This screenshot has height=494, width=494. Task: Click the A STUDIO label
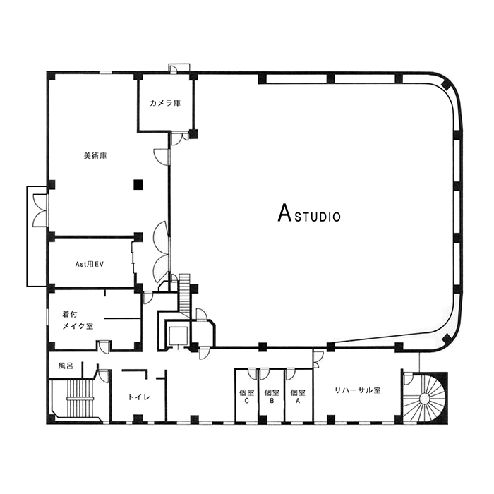click(309, 213)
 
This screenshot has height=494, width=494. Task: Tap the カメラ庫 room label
click(165, 103)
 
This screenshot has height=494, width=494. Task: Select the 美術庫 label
click(95, 156)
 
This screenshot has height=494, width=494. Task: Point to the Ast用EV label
click(89, 265)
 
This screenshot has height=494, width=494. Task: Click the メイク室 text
click(78, 326)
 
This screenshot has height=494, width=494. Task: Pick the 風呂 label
click(66, 366)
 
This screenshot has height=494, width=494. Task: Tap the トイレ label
click(139, 397)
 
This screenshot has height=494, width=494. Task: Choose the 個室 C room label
click(246, 397)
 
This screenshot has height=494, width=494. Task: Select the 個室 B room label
click(272, 397)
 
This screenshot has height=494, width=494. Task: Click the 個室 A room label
click(298, 397)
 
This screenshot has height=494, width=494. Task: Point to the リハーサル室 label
click(358, 390)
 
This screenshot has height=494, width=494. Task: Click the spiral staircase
click(425, 399)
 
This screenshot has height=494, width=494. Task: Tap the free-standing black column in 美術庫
click(138, 185)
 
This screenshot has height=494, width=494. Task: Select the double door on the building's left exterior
click(40, 210)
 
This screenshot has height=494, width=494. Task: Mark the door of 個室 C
click(253, 374)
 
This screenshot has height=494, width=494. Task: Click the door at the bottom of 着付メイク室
click(104, 347)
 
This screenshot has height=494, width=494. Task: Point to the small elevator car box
click(178, 336)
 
